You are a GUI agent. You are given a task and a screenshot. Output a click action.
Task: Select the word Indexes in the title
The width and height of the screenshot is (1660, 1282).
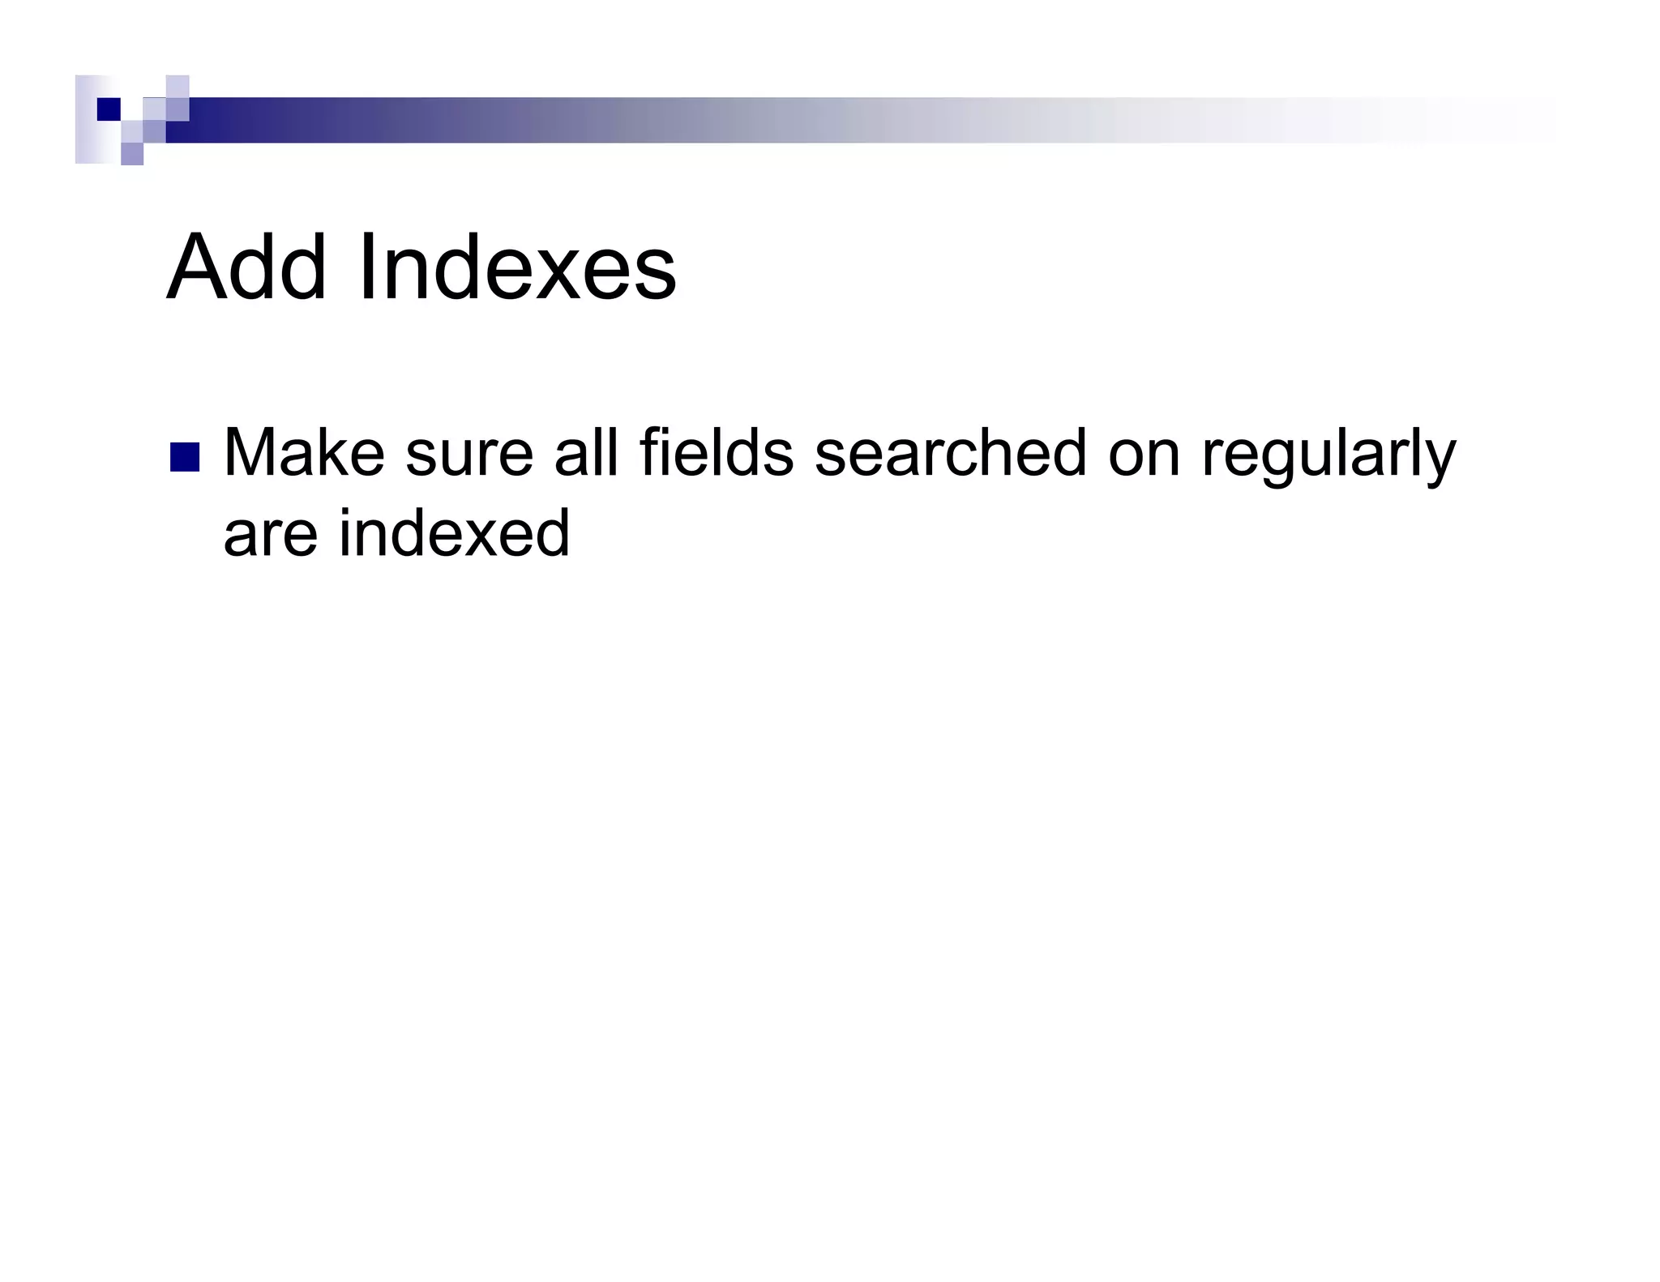tap(517, 268)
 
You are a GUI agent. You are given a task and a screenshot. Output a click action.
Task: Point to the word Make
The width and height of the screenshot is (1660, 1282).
tap(304, 454)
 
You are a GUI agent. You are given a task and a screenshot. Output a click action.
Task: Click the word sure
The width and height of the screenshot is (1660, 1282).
tap(469, 454)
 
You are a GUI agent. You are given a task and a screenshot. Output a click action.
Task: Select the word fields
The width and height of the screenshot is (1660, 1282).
tap(717, 454)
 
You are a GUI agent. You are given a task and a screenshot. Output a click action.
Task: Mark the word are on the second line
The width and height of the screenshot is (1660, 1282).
tap(271, 535)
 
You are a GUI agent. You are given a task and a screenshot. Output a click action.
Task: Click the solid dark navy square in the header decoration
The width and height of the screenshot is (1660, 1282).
tap(109, 109)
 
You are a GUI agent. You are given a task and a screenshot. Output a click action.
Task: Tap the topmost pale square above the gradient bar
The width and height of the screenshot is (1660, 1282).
tap(178, 86)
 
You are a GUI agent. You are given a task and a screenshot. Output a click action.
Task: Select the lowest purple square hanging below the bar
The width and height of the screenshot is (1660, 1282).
tap(132, 153)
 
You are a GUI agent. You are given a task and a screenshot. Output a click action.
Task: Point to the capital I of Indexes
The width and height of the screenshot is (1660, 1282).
tap(366, 268)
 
